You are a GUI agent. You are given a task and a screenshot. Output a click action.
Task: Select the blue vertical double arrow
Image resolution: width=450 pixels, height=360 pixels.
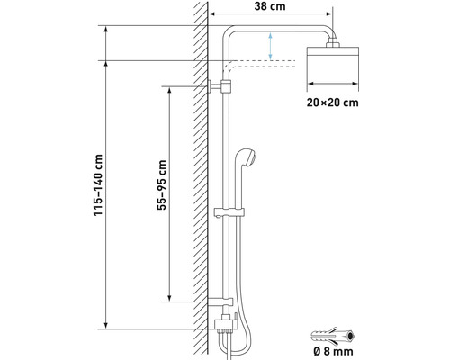pos(269,44)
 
